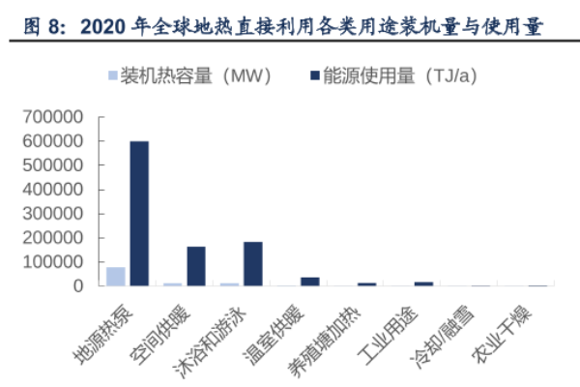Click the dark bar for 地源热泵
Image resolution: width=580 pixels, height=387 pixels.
click(139, 213)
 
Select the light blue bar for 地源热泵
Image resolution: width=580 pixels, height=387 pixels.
click(116, 277)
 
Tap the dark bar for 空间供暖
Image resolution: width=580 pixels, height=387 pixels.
click(196, 266)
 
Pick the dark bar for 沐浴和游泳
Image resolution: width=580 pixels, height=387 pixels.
click(253, 263)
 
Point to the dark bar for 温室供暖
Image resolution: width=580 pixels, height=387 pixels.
click(309, 282)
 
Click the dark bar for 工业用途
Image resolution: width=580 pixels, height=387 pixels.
click(423, 283)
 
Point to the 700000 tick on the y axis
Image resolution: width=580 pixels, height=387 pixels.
click(58, 117)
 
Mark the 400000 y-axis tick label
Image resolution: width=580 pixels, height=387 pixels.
click(58, 190)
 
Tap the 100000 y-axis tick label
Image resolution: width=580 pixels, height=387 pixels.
click(58, 262)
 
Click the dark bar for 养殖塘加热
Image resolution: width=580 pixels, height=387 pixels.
click(366, 284)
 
